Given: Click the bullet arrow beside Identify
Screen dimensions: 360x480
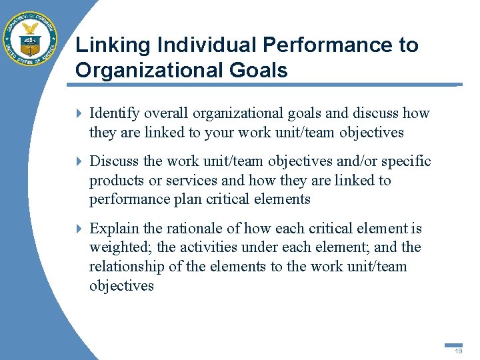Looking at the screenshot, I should (79, 113).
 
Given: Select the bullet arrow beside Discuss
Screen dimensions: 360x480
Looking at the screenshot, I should (79, 161).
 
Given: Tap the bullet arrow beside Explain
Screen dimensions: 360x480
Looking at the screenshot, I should (79, 229).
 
